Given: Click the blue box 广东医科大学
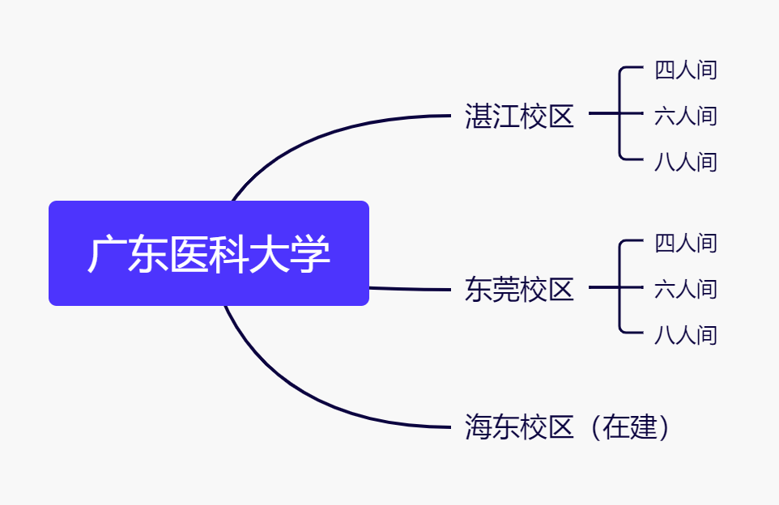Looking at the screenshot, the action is click(209, 253).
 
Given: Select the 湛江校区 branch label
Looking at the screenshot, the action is click(519, 117).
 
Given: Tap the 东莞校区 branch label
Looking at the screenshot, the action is click(519, 290).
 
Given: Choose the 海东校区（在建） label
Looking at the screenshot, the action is click(567, 426).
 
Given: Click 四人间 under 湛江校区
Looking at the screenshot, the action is click(686, 70).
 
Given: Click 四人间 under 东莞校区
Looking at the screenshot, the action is click(686, 244).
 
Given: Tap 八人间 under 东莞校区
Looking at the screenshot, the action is click(686, 336).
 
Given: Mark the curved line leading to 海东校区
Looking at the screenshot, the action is click(303, 393).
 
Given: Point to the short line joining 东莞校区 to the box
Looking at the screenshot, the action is click(410, 288).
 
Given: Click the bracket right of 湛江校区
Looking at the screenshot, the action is click(619, 113).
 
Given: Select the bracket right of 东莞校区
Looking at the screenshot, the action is click(619, 287).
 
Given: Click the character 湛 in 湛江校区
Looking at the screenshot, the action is click(479, 117).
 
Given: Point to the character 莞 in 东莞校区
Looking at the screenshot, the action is click(506, 290).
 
